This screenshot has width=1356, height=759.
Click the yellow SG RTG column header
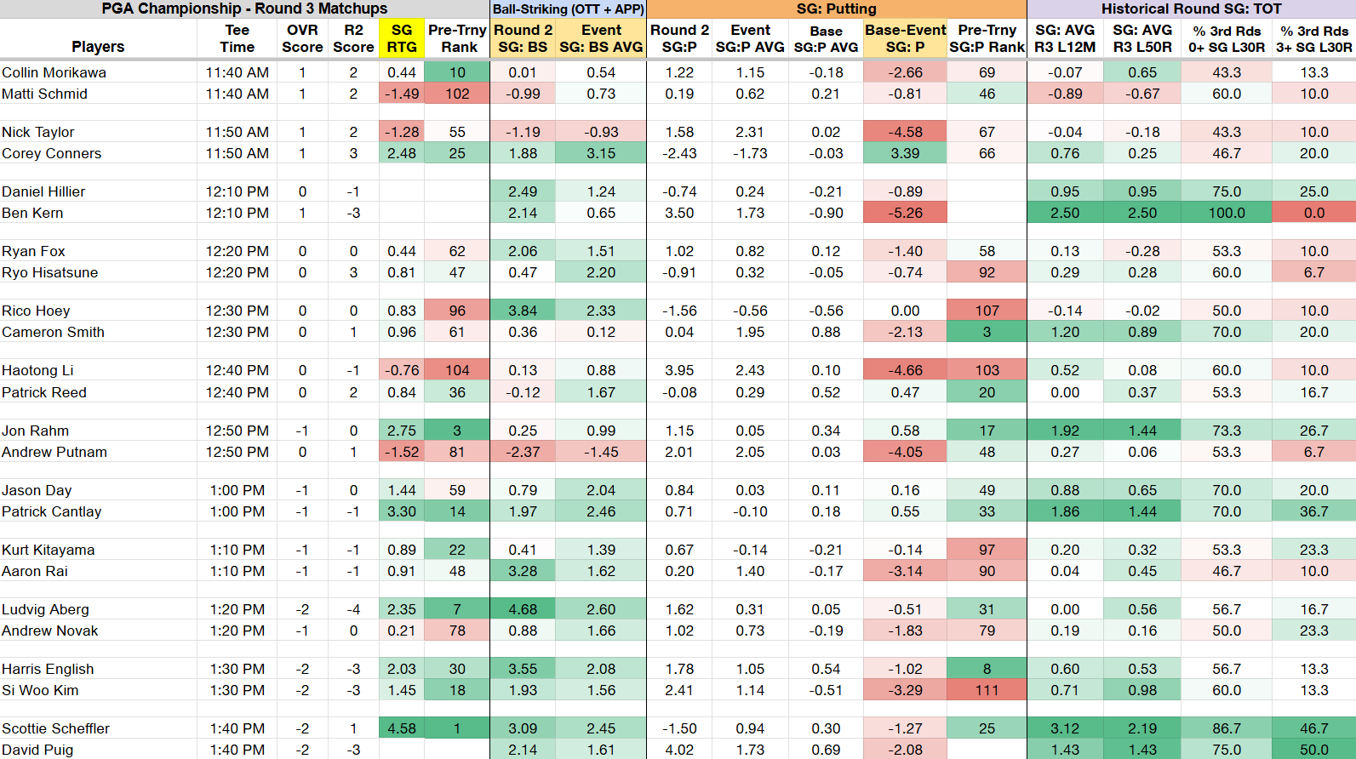(401, 38)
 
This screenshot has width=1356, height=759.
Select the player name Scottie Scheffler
(55, 728)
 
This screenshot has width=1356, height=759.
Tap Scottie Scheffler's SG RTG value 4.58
(401, 728)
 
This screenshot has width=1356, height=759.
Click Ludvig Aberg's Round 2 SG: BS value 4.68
(523, 609)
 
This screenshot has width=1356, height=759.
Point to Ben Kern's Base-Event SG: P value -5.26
(905, 213)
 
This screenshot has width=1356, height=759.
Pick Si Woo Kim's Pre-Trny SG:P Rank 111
(987, 690)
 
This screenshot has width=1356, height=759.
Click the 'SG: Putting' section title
(836, 9)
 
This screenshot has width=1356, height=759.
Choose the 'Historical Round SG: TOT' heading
(1192, 9)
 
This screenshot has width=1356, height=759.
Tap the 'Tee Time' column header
(237, 38)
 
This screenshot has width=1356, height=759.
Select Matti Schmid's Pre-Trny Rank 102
(457, 94)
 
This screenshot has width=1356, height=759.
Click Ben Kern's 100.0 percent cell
(1227, 213)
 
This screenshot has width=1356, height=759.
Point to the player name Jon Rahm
(35, 431)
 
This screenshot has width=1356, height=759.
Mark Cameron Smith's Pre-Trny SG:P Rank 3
(987, 332)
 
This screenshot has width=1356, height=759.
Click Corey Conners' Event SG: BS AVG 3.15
(600, 153)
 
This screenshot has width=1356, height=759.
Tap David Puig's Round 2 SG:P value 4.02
(679, 750)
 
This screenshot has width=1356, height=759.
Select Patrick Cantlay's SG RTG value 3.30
(401, 511)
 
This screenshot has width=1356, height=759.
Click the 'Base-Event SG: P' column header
(905, 38)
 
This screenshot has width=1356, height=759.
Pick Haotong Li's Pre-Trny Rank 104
(457, 370)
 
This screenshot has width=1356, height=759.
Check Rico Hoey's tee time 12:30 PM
(237, 311)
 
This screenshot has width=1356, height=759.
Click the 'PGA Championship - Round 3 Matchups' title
(244, 9)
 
